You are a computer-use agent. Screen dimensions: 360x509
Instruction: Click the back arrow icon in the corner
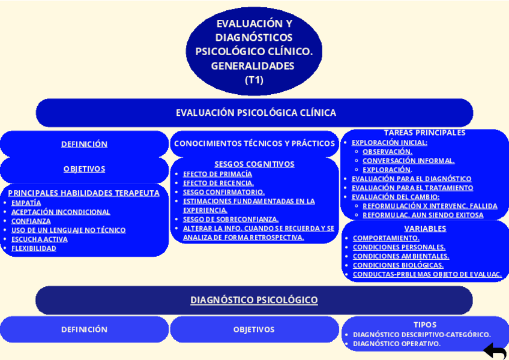[x=495, y=351]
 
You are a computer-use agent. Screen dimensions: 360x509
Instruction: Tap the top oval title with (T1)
[x=254, y=52]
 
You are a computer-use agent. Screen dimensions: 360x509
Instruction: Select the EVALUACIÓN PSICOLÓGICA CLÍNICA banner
[x=254, y=113]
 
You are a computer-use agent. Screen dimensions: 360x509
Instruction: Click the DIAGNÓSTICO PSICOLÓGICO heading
[x=254, y=300]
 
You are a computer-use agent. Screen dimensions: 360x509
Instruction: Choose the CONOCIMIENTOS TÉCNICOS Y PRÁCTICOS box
[x=254, y=143]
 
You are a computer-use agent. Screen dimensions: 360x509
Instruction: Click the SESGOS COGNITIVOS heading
[x=254, y=164]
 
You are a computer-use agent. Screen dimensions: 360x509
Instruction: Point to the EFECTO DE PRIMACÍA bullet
[x=217, y=174]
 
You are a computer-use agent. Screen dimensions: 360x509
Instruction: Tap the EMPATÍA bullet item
[x=26, y=203]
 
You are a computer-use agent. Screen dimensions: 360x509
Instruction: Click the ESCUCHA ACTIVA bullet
[x=39, y=239]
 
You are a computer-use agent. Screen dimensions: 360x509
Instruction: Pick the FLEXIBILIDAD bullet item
[x=34, y=248]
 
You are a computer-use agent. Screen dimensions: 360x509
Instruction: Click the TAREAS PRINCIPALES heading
[x=424, y=133]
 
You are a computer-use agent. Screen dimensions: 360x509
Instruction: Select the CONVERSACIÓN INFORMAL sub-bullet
[x=408, y=161]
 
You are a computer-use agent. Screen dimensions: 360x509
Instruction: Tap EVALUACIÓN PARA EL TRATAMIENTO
[x=412, y=188]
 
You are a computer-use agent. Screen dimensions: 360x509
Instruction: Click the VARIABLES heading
[x=425, y=229]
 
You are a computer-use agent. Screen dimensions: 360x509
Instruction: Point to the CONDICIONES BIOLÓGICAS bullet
[x=398, y=265]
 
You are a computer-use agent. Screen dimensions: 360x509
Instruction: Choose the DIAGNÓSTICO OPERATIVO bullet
[x=396, y=344]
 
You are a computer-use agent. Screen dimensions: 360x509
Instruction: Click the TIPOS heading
[x=425, y=325]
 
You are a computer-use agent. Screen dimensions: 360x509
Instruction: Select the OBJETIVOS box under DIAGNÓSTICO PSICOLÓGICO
[x=254, y=329]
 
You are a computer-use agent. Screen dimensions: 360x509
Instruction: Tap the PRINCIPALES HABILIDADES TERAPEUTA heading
[x=84, y=193]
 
